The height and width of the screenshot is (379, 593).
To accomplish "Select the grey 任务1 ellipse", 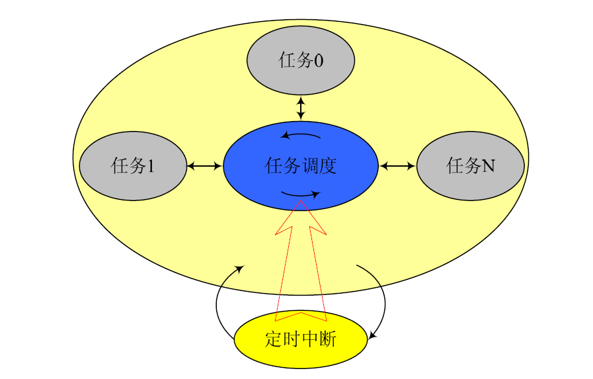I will click(x=133, y=165).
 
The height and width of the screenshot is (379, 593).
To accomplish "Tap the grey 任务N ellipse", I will click(x=471, y=165).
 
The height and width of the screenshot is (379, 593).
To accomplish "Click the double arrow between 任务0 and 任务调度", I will click(x=301, y=108).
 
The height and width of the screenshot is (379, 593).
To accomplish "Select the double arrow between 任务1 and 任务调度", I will click(x=205, y=165).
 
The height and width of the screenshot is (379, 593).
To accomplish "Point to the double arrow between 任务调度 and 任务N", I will click(x=397, y=165).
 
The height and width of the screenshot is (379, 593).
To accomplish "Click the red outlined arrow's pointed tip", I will click(x=301, y=202).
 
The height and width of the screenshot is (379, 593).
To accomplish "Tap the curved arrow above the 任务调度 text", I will click(x=301, y=136).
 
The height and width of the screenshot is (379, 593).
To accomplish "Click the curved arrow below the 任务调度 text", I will click(x=301, y=194).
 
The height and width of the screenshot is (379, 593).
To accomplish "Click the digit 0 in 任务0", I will click(x=319, y=61).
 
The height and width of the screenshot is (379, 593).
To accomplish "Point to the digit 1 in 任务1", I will click(x=151, y=166).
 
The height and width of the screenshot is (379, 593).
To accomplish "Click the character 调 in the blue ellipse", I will click(x=309, y=165).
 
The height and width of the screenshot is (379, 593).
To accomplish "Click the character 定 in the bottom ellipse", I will click(x=274, y=339).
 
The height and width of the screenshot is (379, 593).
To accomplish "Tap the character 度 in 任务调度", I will click(x=328, y=165).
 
